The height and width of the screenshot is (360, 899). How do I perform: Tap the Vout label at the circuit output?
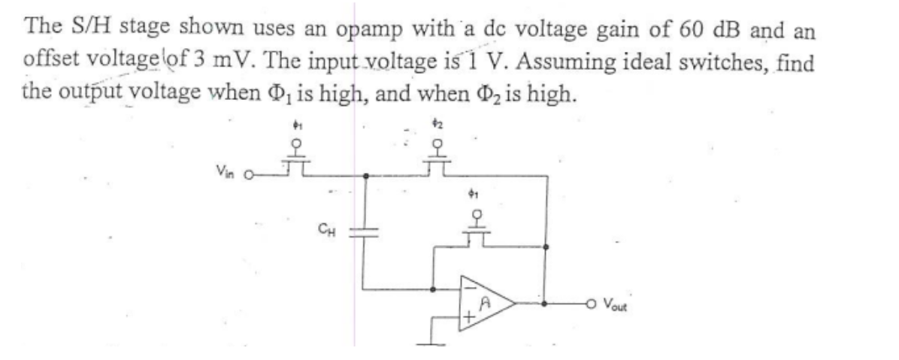(x=622, y=307)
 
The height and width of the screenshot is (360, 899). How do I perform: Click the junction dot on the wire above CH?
(x=365, y=177)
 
